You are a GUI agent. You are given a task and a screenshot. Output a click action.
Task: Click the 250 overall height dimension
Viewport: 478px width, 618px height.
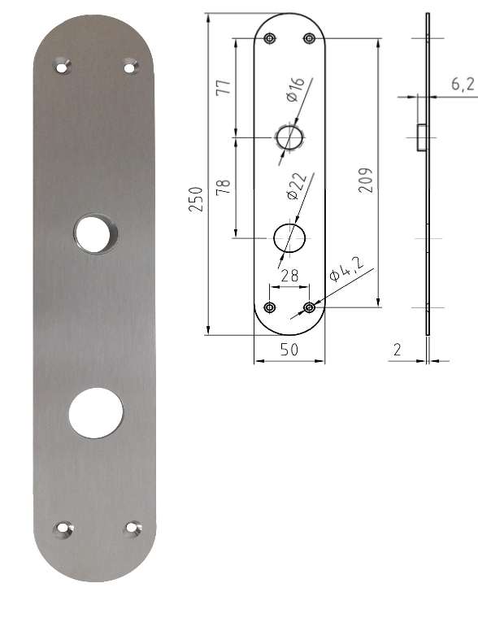196,199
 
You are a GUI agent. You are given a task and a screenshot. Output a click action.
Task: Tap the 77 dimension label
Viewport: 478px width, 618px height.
223,87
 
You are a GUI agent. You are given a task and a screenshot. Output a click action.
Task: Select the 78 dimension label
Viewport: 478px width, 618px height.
223,186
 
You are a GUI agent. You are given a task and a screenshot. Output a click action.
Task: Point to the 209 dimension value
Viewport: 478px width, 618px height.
366,181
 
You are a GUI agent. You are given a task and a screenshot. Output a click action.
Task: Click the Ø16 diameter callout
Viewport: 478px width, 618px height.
296,89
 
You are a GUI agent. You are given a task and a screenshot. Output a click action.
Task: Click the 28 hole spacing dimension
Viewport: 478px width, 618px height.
289,275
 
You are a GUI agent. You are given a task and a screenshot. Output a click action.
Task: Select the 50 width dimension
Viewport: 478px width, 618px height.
289,349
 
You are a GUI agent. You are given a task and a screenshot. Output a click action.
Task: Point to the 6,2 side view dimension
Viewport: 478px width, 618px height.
463,84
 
